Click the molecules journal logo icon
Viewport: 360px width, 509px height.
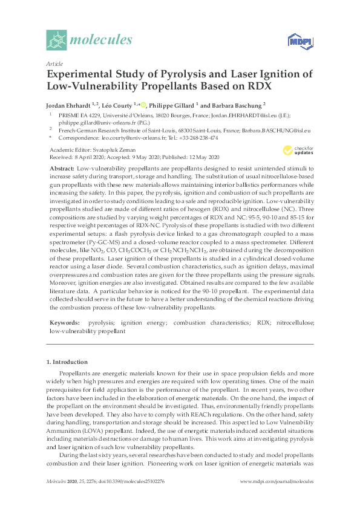[57, 41]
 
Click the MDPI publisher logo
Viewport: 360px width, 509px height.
[298, 41]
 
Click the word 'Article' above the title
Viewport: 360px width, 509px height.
[54, 63]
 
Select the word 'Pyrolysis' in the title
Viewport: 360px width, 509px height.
[170, 74]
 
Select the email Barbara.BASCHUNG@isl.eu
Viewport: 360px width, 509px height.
[273, 130]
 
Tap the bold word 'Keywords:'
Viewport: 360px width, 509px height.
[64, 323]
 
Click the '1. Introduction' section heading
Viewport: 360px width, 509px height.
[68, 361]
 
